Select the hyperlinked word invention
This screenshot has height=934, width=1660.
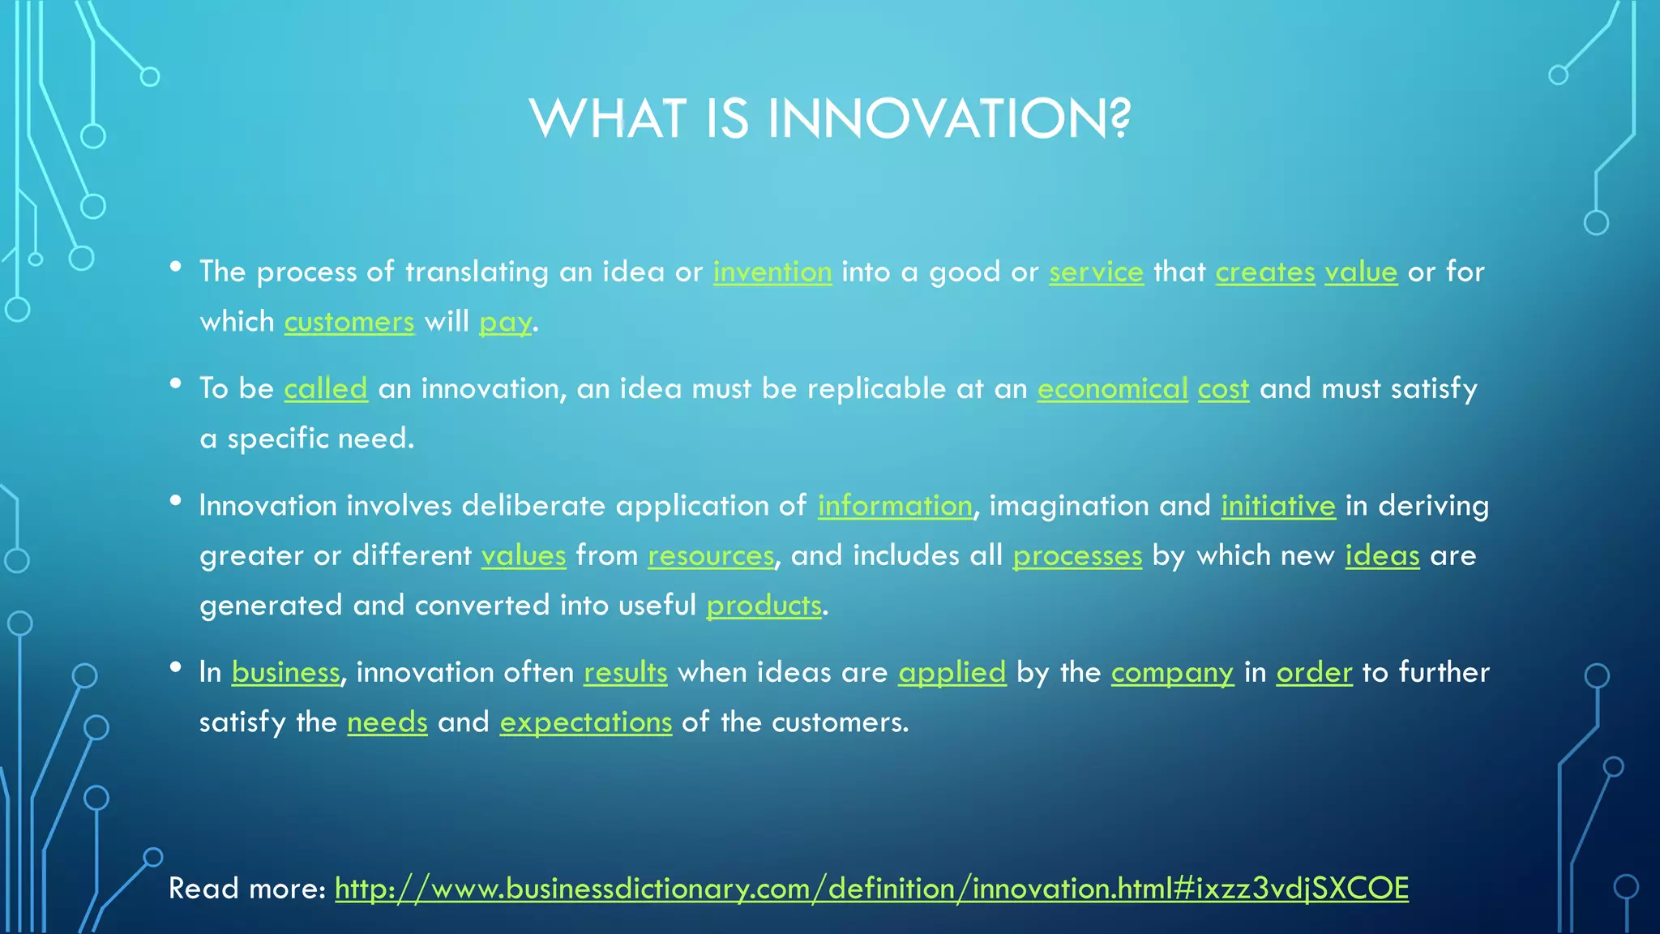tap(772, 272)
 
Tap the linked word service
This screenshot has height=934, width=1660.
tap(1096, 272)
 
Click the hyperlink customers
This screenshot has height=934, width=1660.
tap(349, 322)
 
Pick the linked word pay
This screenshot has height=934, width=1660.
tap(505, 323)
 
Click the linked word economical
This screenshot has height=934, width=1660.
tap(1112, 388)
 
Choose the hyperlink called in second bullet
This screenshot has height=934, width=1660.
tap(325, 388)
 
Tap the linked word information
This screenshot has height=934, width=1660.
tap(894, 506)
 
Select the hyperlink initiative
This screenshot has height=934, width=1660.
tap(1277, 506)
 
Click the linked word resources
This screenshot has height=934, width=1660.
tap(710, 555)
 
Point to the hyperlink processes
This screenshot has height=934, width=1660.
tap(1076, 555)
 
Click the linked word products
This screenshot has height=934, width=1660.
tap(764, 606)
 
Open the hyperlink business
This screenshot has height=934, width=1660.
tap(285, 672)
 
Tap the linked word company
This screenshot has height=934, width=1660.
tap(1171, 673)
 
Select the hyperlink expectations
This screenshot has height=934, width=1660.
tap(585, 722)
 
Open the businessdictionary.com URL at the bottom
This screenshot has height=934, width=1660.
tap(871, 889)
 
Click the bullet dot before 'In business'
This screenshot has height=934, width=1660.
tap(175, 666)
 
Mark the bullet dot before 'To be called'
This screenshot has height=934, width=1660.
tap(175, 383)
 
